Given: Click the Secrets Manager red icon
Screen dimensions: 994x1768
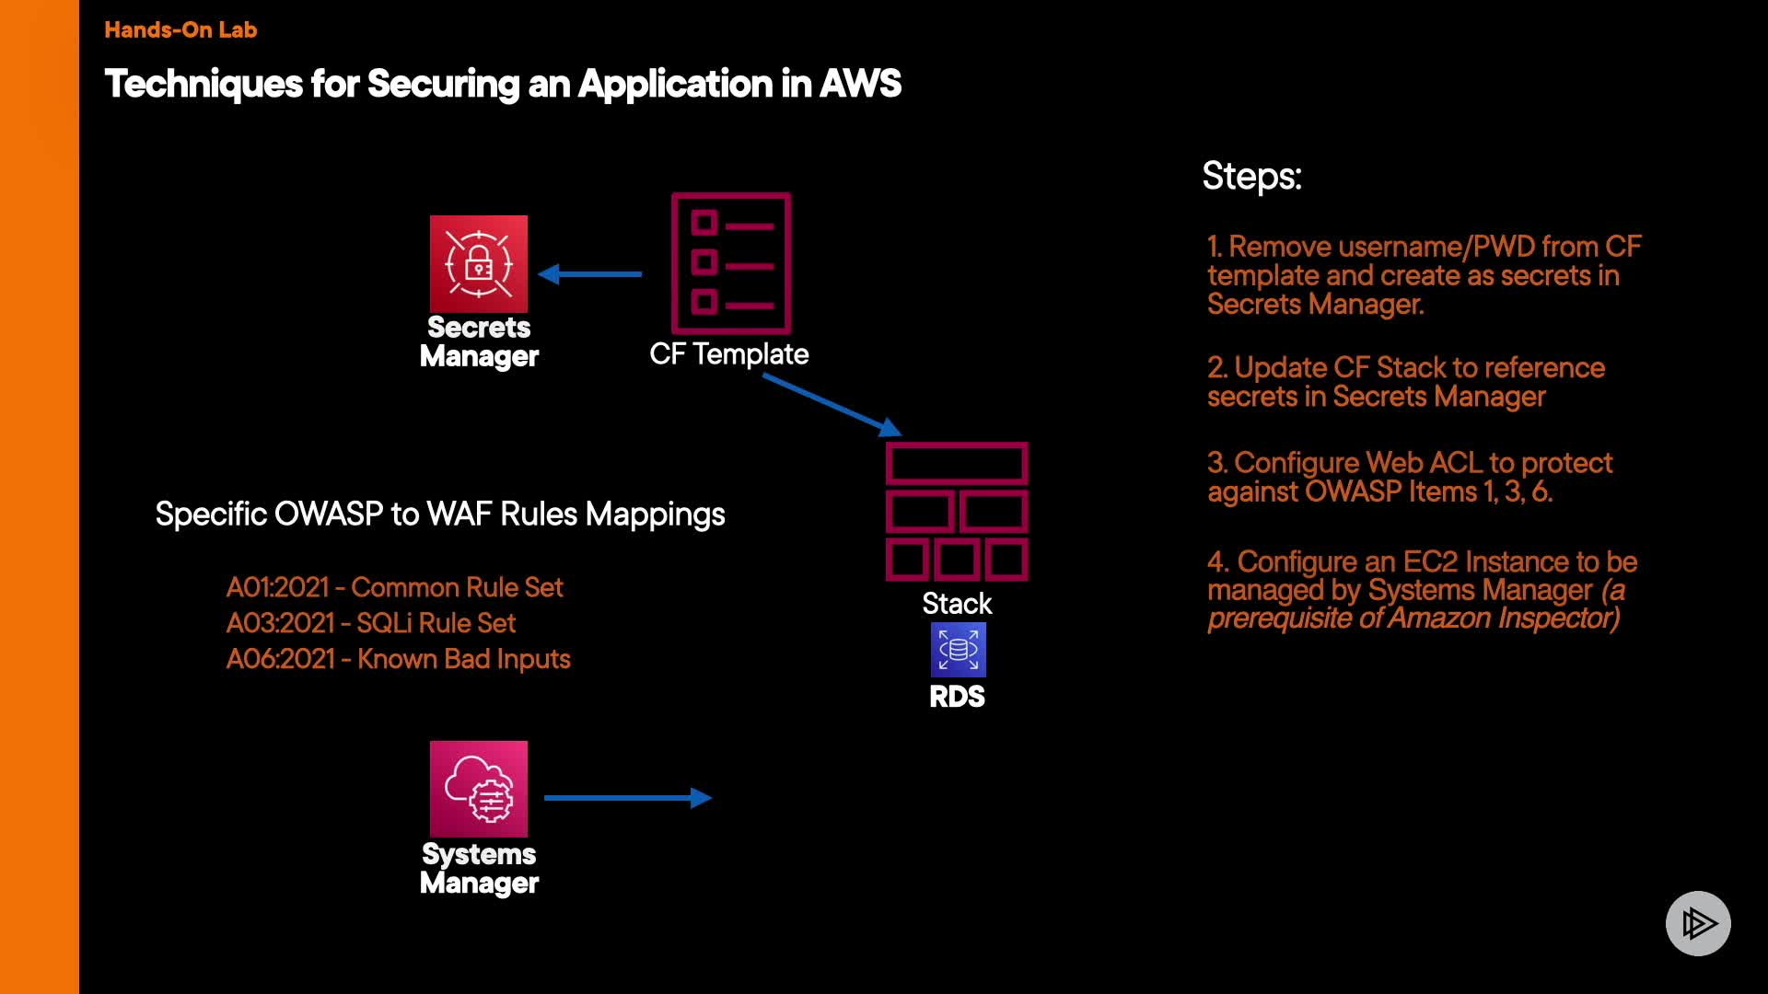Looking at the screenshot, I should point(479,264).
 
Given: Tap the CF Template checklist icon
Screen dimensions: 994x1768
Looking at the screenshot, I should point(731,263).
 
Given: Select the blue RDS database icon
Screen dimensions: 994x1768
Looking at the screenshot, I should point(958,650).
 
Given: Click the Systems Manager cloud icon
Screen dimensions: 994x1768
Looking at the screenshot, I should point(479,789).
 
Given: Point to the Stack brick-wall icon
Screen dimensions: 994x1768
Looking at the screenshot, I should point(957,512).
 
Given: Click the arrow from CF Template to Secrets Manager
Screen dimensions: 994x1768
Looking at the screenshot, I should point(590,273).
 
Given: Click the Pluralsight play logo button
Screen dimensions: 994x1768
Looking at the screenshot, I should point(1698,923).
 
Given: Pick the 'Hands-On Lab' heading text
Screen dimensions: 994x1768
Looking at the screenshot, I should point(180,29).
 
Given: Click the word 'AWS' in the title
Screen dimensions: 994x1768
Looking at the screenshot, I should point(860,84).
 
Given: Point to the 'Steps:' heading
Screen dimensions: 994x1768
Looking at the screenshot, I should point(1251,176).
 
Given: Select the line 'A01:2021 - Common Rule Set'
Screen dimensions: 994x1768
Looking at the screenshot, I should point(394,587).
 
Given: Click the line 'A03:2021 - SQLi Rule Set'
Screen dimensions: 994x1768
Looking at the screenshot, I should point(371,623).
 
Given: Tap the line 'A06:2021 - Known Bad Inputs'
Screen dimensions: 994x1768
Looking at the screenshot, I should point(398,659).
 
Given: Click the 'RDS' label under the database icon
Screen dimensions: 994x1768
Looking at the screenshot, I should point(957,697).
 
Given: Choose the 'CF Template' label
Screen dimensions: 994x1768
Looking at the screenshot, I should point(728,354).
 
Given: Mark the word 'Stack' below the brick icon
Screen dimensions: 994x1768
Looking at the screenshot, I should point(957,604).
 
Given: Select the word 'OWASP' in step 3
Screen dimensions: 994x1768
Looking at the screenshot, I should point(1353,491).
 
